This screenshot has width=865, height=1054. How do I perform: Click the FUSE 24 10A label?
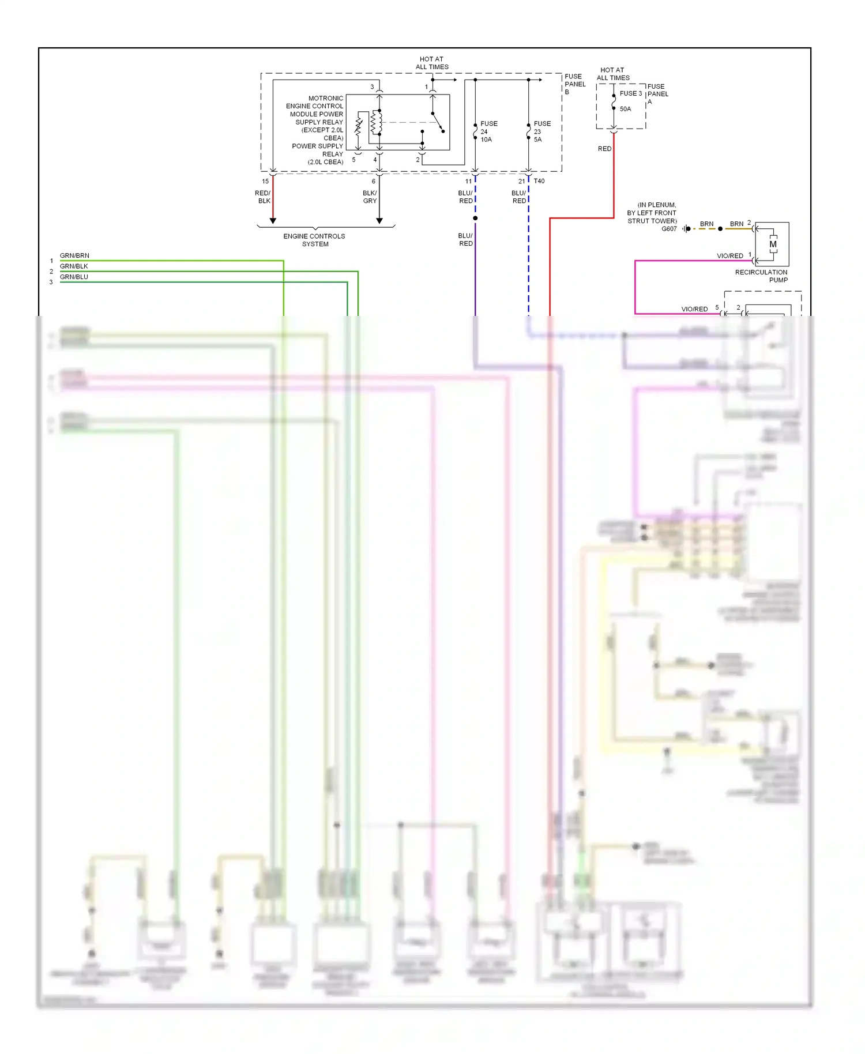coord(488,131)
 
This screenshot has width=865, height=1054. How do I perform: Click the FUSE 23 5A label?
coord(541,131)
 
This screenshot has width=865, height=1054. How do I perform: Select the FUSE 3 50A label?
coord(629,101)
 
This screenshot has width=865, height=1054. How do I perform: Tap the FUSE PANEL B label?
coord(574,84)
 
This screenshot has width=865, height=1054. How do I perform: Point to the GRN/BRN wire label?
coord(74,255)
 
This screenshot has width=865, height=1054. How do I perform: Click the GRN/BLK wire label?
coord(74,266)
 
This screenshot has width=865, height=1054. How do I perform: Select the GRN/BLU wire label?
coord(74,277)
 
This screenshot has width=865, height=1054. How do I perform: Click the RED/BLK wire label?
coord(263,197)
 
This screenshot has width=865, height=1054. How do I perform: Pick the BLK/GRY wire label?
coord(370,197)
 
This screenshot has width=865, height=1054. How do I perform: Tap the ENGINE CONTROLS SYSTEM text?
coord(314,240)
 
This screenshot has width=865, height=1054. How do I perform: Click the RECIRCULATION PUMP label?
coord(761,276)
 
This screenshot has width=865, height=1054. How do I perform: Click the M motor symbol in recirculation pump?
coord(773,244)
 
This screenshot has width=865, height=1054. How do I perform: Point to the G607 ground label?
coord(669,229)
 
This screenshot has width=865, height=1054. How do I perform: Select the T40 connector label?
coord(539,181)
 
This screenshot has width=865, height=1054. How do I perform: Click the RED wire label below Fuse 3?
coord(604,149)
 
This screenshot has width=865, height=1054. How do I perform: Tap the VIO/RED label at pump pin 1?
coord(729,255)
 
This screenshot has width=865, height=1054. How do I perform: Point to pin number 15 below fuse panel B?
coord(265,181)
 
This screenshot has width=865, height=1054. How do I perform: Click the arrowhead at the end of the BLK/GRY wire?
coord(379,221)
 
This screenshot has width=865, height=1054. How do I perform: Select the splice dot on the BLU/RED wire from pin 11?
coord(475,218)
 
